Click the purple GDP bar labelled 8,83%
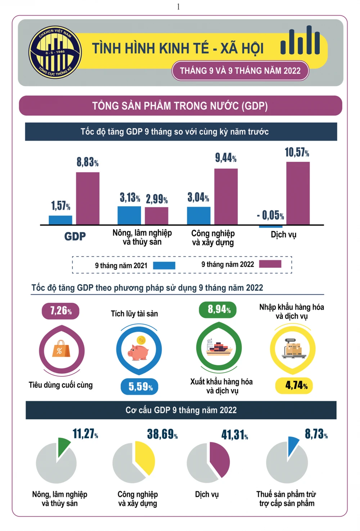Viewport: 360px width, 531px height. point(87,198)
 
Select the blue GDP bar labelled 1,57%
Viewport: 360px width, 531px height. point(60,220)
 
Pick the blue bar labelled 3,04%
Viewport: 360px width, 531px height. point(199,216)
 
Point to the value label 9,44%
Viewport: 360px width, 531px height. point(226,158)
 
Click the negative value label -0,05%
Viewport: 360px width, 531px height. point(270,215)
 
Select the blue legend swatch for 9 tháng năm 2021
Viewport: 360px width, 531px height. point(164,266)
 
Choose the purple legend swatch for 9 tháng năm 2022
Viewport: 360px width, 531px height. point(270,264)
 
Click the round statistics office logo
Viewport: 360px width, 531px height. point(55,52)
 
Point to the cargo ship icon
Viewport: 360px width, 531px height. point(219,348)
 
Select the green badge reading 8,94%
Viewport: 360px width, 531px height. point(218,310)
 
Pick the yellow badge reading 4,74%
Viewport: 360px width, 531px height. point(294,386)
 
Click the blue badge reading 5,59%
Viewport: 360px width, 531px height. point(139,387)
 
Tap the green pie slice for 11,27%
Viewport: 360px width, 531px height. point(63,446)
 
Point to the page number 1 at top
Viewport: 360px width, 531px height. point(179,7)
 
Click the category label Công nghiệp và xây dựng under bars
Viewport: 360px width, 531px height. point(213,238)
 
